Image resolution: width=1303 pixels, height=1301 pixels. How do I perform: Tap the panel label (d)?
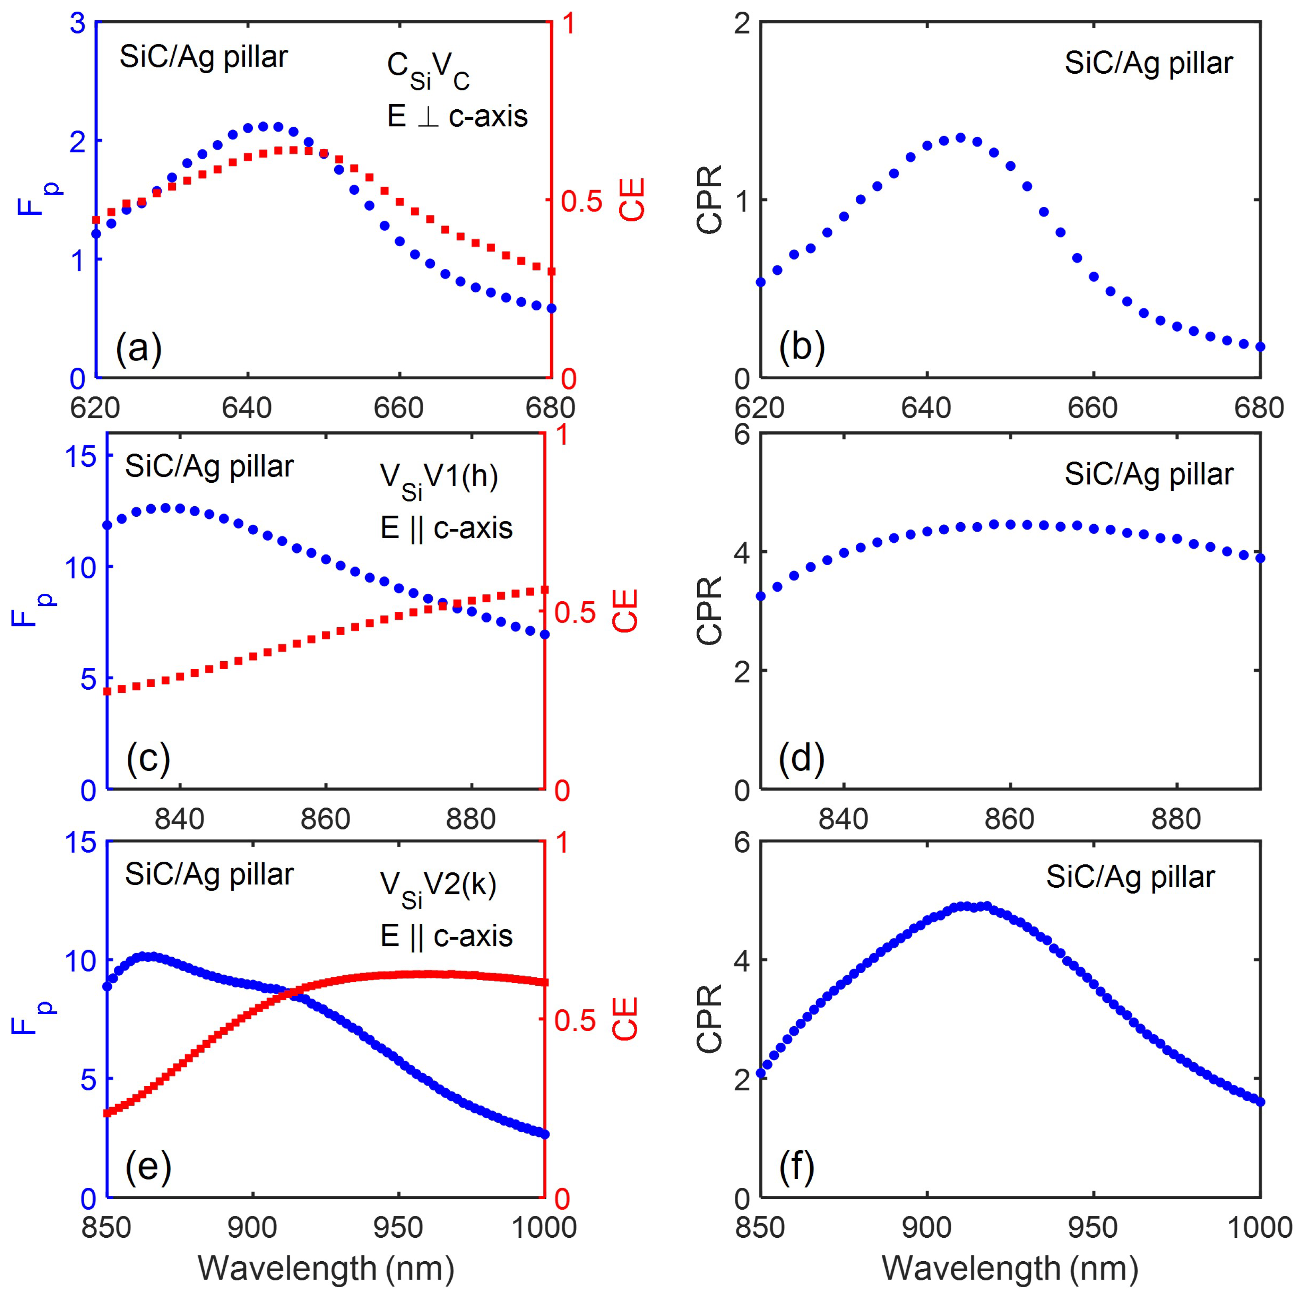pos(801,759)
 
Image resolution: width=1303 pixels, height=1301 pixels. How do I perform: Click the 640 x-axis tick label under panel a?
pos(247,407)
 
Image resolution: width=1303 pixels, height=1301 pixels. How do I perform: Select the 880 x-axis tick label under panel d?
pos(1176,819)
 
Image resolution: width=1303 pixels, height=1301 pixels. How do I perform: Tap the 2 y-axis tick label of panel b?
pos(742,23)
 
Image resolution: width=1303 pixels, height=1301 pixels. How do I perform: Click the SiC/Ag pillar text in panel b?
pos(1148,63)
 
